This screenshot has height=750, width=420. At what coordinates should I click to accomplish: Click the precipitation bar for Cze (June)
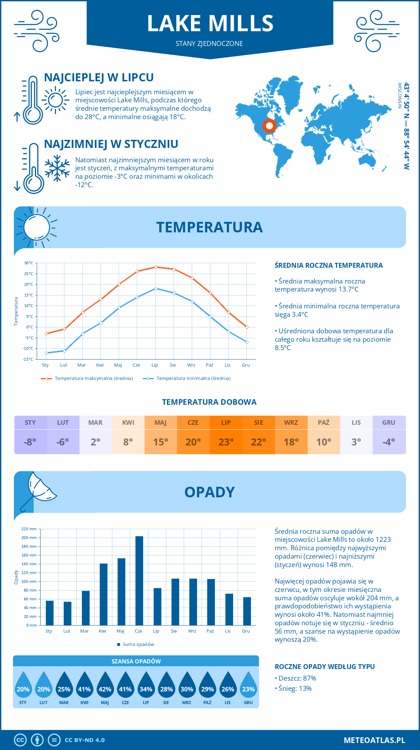click(x=139, y=581)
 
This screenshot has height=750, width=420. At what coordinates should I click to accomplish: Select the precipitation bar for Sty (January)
click(x=50, y=613)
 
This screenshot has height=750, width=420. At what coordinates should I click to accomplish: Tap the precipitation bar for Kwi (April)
click(x=104, y=594)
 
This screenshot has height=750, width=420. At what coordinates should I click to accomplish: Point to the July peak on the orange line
click(x=156, y=267)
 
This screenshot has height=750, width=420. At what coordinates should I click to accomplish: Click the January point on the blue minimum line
click(x=46, y=353)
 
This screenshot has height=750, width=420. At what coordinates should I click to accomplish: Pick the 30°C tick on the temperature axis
click(x=29, y=263)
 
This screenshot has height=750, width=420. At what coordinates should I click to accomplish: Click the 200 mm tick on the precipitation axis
click(x=29, y=538)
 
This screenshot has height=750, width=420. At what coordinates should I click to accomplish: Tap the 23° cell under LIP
click(x=226, y=442)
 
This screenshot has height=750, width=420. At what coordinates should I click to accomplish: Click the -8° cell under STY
click(x=30, y=442)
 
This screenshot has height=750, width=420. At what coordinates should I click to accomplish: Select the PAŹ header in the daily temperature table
click(x=324, y=423)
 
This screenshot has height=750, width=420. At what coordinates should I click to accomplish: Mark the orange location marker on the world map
click(x=269, y=126)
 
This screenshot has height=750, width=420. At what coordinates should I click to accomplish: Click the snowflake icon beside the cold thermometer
click(x=57, y=169)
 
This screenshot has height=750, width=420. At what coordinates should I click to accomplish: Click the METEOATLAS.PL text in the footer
click(x=374, y=740)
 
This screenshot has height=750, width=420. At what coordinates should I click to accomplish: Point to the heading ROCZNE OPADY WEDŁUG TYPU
click(x=324, y=667)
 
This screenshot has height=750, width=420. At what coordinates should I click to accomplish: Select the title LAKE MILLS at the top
click(x=210, y=23)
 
